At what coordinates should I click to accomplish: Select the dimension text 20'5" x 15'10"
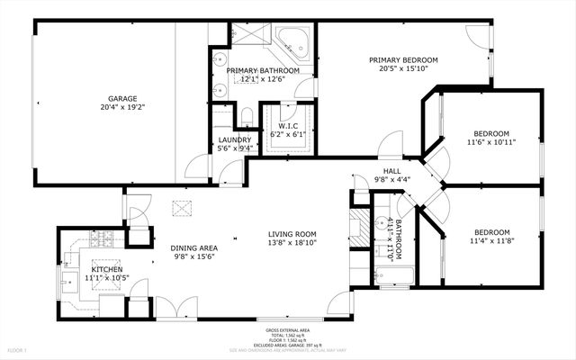(401, 68)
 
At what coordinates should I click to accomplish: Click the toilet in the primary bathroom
(247, 115)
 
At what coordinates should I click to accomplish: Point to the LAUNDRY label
(234, 139)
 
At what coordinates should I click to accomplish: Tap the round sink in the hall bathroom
(379, 228)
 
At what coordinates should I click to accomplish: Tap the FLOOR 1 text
(17, 348)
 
